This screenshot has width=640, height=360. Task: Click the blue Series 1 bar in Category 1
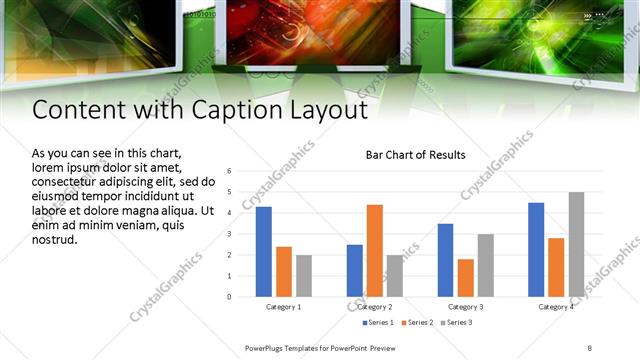(x=263, y=251)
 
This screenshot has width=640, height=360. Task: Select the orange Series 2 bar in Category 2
(x=375, y=250)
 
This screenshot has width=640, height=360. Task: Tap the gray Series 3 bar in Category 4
(x=576, y=244)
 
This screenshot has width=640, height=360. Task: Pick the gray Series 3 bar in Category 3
(x=485, y=265)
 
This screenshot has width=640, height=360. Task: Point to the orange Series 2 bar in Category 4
(x=556, y=267)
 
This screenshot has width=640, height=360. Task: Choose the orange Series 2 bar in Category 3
(x=465, y=277)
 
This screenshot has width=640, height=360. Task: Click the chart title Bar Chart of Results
(x=415, y=155)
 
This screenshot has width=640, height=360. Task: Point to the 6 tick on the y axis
(x=230, y=171)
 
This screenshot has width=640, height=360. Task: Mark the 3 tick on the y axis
(x=230, y=234)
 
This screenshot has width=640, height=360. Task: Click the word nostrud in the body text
(x=55, y=240)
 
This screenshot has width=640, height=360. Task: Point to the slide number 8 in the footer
(x=589, y=348)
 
